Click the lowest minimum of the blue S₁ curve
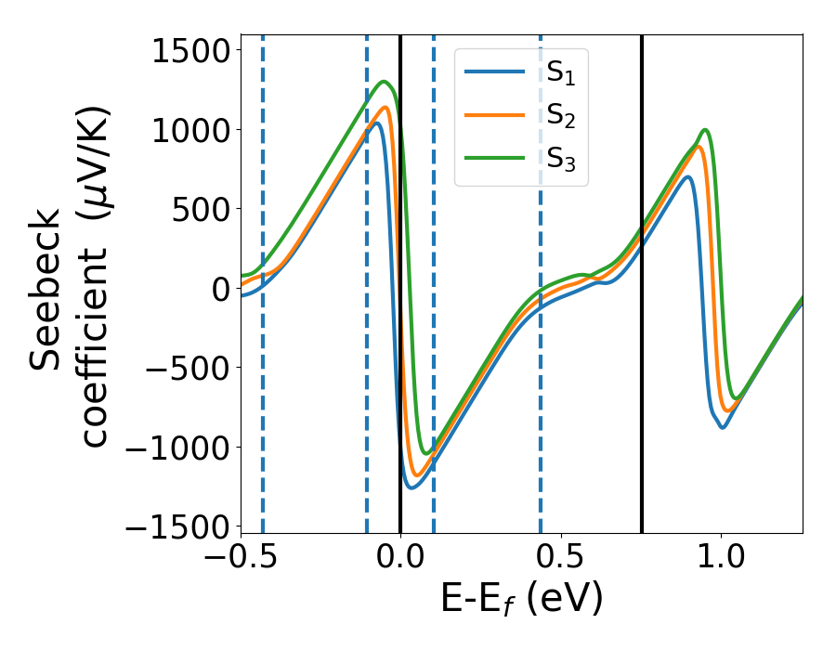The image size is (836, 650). (x=411, y=487)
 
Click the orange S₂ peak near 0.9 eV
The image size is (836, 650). (x=698, y=146)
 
